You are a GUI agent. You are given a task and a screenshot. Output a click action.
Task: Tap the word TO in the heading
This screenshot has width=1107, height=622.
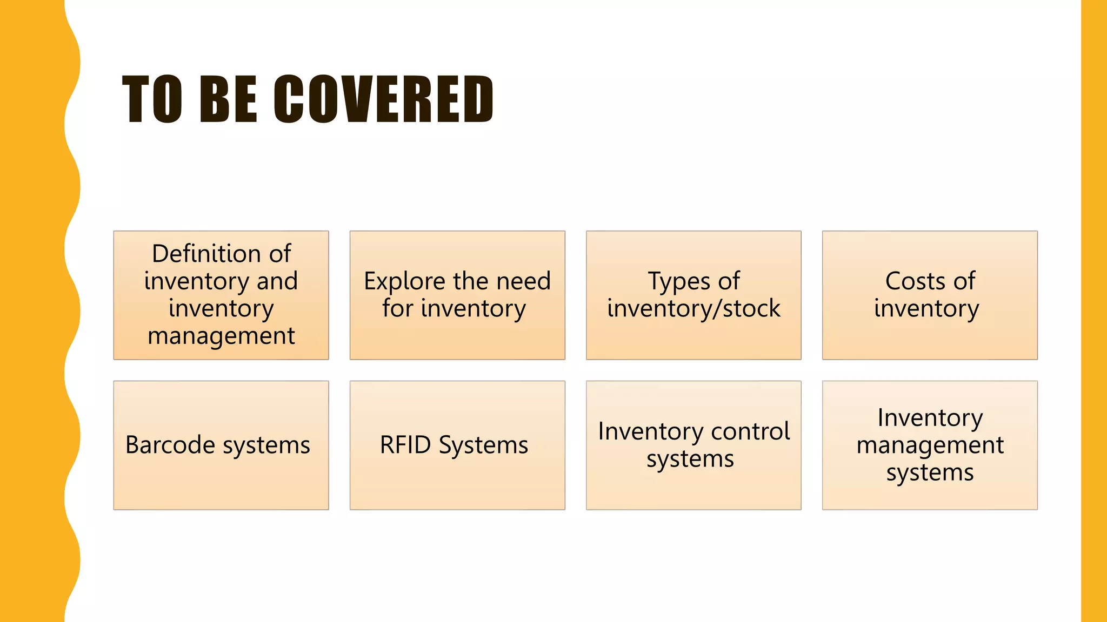pos(152,99)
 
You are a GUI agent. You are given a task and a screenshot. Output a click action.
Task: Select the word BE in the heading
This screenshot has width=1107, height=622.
pos(228,99)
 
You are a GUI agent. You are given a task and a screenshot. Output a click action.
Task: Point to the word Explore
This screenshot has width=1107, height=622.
pos(404,281)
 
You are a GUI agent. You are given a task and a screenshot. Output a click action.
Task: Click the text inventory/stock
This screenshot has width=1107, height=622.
pos(693,309)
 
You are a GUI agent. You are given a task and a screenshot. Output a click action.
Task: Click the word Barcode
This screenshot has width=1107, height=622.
pos(170,445)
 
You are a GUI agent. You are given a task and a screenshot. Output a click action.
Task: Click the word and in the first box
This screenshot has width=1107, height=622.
pos(277,281)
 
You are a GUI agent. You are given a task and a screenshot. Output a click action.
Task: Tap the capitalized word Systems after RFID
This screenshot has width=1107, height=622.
pos(483,445)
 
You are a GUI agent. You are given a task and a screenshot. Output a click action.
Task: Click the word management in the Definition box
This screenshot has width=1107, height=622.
pos(221,336)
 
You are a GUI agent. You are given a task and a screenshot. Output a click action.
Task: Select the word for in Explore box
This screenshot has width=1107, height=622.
pos(398,309)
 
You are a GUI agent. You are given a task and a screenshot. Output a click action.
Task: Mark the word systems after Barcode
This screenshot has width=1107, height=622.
pos(266,445)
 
